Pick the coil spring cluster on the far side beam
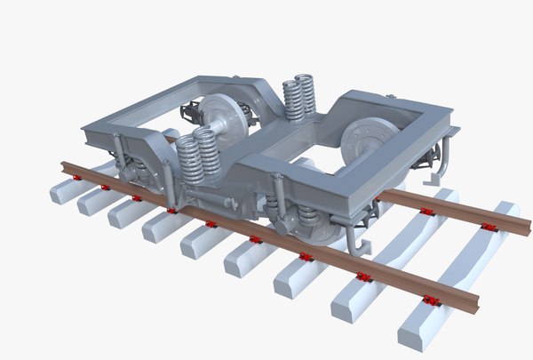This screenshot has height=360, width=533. (x=300, y=97)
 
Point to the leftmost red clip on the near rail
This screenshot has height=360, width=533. (x=78, y=178)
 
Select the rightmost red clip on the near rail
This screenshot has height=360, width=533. (x=433, y=300)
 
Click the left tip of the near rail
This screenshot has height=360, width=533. (x=63, y=166)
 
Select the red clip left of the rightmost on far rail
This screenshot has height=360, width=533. (x=427, y=211)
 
